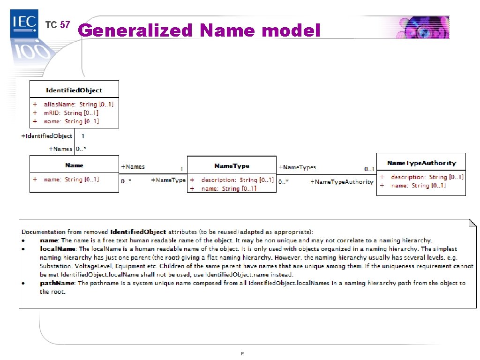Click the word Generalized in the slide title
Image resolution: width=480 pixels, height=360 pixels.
pyautogui.click(x=135, y=30)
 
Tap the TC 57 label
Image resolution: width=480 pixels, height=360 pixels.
pyautogui.click(x=57, y=25)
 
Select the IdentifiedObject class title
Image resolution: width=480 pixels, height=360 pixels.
pyautogui.click(x=74, y=90)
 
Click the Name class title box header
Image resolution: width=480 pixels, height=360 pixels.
pyautogui.click(x=74, y=165)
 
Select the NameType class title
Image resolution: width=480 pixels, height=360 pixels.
pyautogui.click(x=232, y=166)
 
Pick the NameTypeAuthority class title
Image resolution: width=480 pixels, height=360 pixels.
pyautogui.click(x=421, y=163)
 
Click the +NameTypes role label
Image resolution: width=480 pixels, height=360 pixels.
pyautogui.click(x=297, y=167)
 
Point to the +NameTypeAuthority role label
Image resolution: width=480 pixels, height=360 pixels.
pyautogui.click(x=342, y=182)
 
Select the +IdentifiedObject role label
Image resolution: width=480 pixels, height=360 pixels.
pyautogui.click(x=47, y=136)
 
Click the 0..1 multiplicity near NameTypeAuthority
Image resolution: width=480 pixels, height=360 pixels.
pyautogui.click(x=369, y=169)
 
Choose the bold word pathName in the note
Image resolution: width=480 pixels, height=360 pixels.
pyautogui.click(x=57, y=283)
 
